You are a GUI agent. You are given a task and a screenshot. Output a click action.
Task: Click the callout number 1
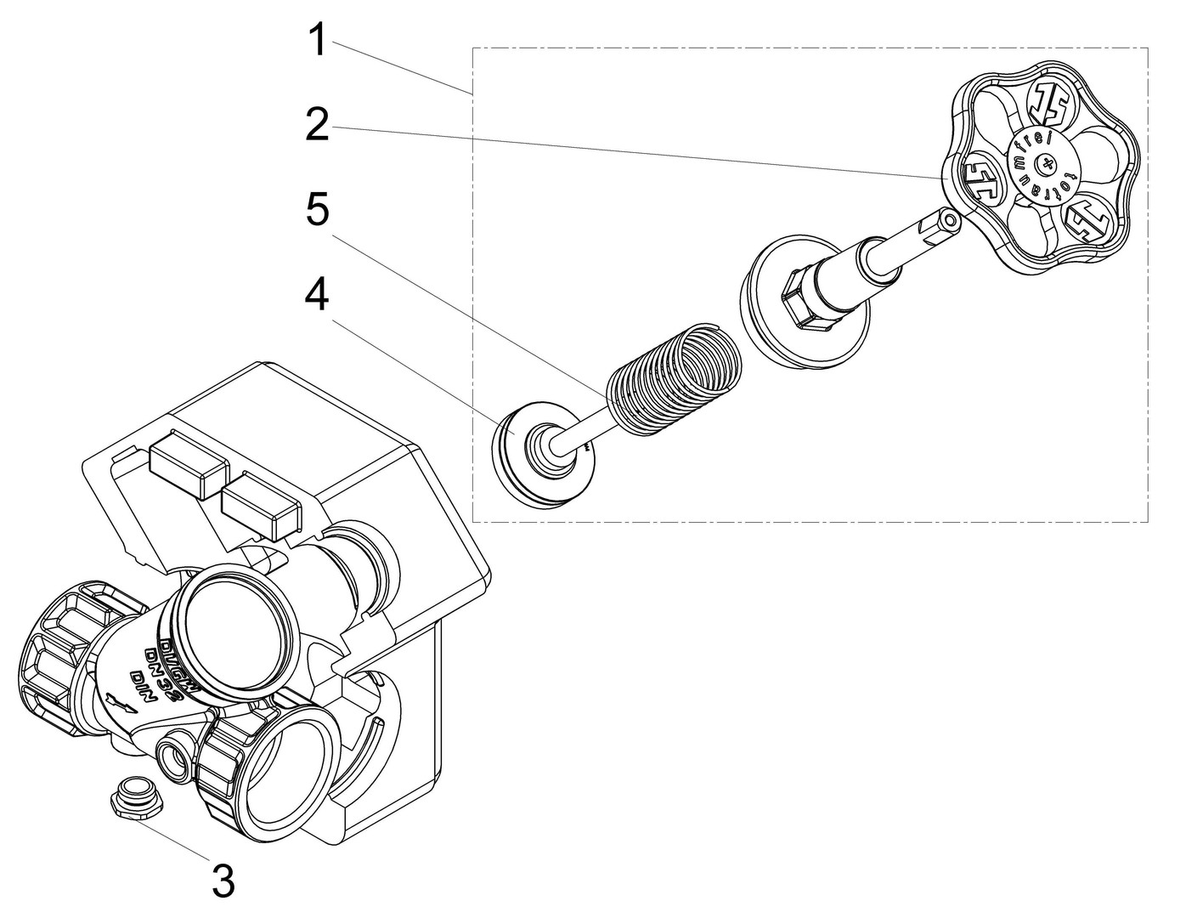point(317,40)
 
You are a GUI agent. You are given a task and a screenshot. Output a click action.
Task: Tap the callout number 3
point(223,881)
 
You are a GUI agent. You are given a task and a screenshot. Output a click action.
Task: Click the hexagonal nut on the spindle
point(803,297)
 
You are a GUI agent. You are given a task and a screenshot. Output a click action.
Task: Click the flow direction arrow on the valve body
point(120,702)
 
